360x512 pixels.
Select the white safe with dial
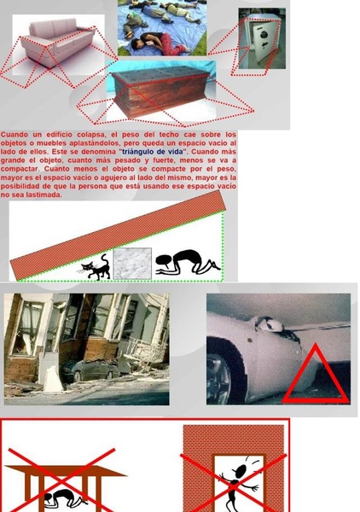(261, 40)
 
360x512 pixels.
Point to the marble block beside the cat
(132, 264)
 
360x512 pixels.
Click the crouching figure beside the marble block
(188, 262)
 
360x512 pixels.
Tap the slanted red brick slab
(119, 235)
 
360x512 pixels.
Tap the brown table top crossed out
(66, 471)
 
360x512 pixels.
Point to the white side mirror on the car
(272, 325)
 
